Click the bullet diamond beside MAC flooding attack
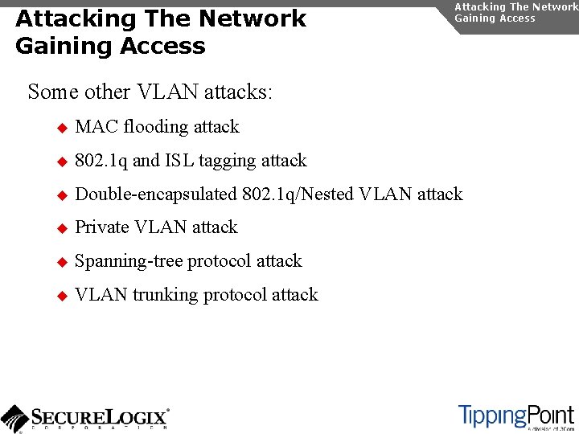[61, 128]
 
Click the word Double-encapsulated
[156, 194]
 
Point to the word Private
[102, 227]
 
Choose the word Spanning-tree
[126, 262]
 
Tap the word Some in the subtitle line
[53, 92]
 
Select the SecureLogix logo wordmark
[100, 417]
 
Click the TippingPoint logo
[516, 416]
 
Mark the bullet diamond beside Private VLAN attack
[61, 228]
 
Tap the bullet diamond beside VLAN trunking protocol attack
[61, 296]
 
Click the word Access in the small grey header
[516, 18]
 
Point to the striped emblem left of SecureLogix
[14, 418]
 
